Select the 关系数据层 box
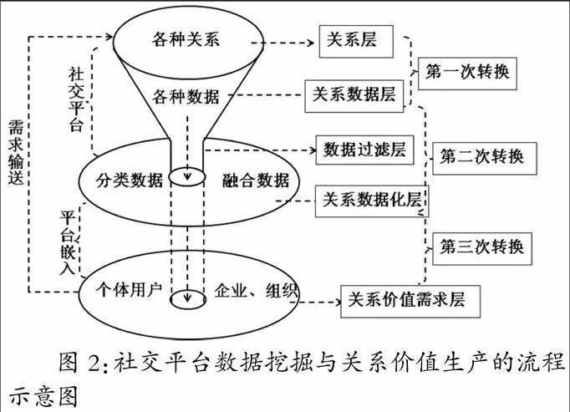tap(354, 95)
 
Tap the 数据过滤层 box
tap(364, 150)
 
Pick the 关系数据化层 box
tap(371, 200)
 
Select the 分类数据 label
tap(129, 180)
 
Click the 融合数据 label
tap(256, 180)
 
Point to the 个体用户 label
tap(131, 290)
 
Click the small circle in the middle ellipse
tap(186, 176)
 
